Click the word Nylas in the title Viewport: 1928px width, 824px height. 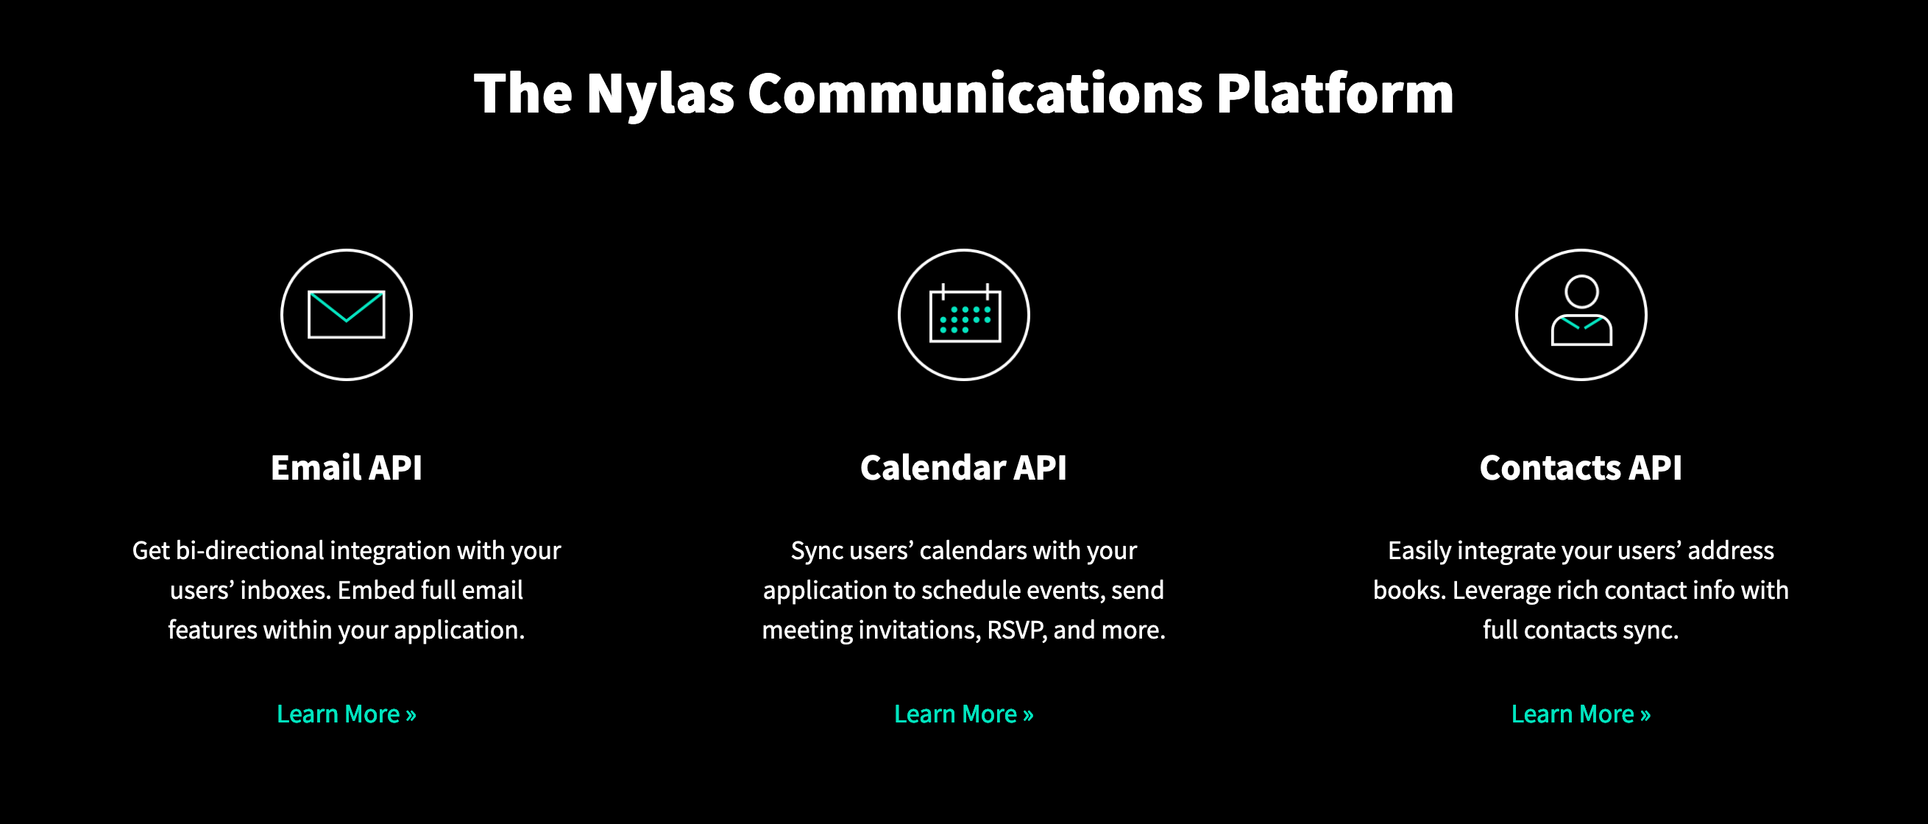(x=660, y=94)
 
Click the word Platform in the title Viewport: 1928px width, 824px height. (x=1334, y=93)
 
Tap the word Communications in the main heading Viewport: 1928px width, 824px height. (x=975, y=93)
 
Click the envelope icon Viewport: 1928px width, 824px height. (x=347, y=314)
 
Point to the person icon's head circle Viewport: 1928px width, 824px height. (x=1581, y=291)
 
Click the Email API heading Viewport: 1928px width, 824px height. (x=347, y=468)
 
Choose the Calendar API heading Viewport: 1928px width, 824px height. (x=963, y=468)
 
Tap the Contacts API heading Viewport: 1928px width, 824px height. (x=1581, y=468)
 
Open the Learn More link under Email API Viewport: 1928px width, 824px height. (x=347, y=714)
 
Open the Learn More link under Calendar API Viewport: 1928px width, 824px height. (x=964, y=714)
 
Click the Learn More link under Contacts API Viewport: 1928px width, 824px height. (x=1581, y=714)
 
